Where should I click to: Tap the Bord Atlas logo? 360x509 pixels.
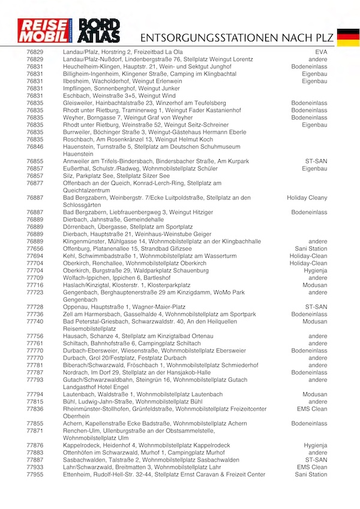point(99,31)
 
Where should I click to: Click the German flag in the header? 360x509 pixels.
point(348,37)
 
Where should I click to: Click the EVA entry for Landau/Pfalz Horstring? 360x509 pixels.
point(321,53)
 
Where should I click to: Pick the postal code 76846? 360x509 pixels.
point(35,146)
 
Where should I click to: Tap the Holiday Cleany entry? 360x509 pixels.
point(307,197)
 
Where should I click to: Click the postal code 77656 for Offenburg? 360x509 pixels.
point(35,248)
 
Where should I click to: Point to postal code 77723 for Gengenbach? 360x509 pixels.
point(35,292)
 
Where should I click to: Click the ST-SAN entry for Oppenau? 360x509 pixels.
point(316,307)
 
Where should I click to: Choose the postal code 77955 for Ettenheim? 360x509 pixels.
point(35,475)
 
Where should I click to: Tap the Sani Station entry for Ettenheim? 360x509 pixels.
point(311,475)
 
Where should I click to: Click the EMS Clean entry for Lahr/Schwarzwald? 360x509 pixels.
point(312,467)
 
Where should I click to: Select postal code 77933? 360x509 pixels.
point(35,467)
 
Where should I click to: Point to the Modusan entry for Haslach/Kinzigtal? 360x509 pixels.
point(315,285)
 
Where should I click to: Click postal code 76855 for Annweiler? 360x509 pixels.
point(35,161)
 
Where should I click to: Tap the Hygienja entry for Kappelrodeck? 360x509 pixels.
point(316,445)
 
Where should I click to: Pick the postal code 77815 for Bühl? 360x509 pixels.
point(35,402)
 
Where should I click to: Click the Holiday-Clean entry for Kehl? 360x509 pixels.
point(308,256)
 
